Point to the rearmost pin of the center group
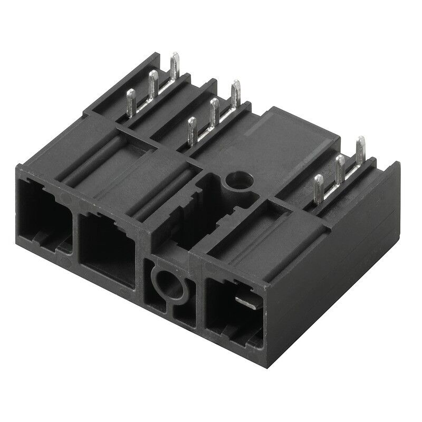(235, 93)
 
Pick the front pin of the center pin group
(193, 130)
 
